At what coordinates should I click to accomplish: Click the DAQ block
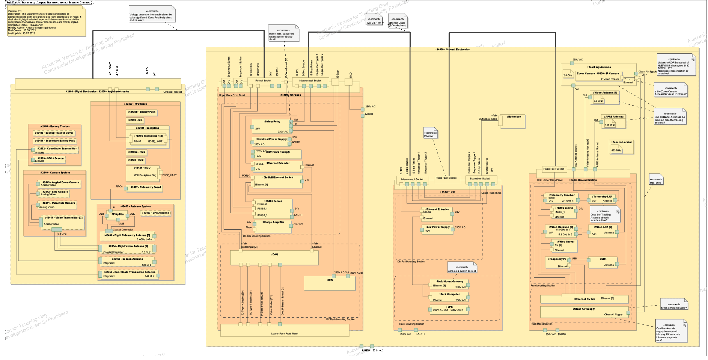pos(274,257)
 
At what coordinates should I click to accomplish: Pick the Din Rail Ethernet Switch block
pos(278,181)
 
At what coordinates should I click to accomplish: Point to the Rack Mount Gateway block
pos(449,284)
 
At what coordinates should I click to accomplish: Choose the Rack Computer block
pos(449,297)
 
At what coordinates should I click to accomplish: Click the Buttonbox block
pos(514,121)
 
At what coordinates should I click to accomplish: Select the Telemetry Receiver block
pos(561,198)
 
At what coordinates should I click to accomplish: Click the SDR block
pos(603,262)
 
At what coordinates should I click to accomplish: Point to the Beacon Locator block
pos(622,147)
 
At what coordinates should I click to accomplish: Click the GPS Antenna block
pos(156,213)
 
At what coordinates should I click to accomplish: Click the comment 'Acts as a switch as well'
pos(462,268)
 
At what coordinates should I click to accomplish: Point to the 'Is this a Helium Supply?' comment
pos(673,306)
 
